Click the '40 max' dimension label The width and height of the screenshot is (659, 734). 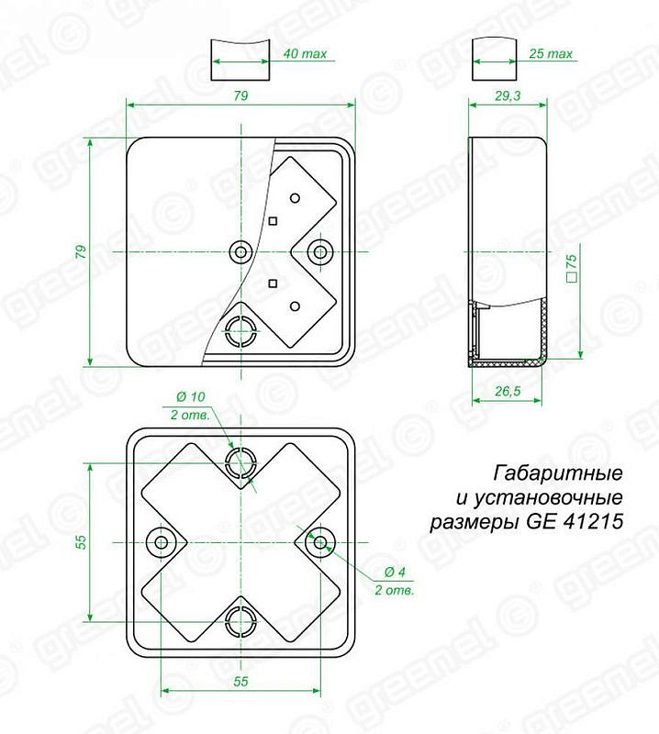305,54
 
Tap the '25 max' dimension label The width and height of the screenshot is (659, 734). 551,54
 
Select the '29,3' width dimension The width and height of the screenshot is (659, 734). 508,96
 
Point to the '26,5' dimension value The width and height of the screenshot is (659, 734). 508,391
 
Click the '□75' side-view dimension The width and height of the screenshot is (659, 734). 572,269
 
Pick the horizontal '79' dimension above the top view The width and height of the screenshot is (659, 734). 240,96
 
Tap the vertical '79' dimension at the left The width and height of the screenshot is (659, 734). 81,251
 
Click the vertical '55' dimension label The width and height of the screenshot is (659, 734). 81,541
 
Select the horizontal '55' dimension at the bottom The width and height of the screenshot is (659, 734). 240,681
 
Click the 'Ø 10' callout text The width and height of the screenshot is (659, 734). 191,397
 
